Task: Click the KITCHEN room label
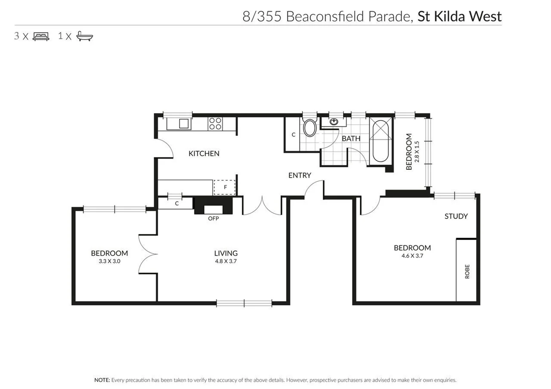coord(204,153)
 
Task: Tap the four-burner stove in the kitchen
coord(215,124)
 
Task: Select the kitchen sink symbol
coord(184,124)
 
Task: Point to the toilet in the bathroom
coord(310,128)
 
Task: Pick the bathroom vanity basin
coord(334,122)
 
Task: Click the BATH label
coord(351,138)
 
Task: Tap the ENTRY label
coord(299,175)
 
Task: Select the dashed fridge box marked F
coord(225,187)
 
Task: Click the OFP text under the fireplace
coord(214,218)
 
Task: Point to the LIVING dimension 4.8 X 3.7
coord(226,261)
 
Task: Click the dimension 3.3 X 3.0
coord(109,261)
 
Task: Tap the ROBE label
coord(467,272)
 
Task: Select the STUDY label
coord(456,216)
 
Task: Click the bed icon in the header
coord(41,36)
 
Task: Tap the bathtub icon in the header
coord(85,36)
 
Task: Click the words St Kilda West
coord(459,16)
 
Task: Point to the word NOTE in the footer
coord(102,380)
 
